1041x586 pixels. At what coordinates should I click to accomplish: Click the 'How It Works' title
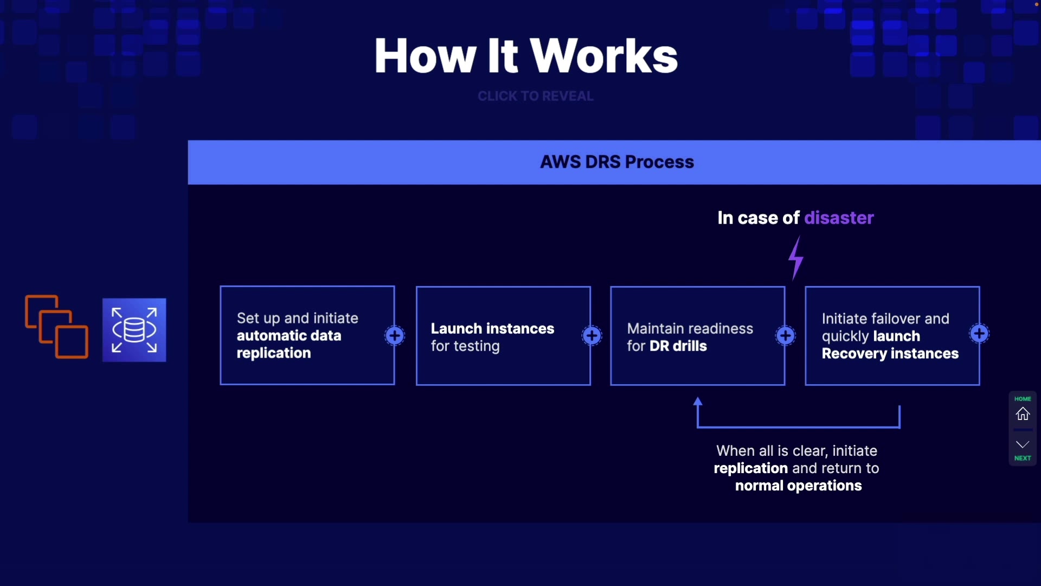tap(526, 55)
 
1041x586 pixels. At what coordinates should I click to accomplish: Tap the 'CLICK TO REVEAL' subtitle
tap(536, 96)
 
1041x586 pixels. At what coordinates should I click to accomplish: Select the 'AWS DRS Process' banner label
tap(617, 162)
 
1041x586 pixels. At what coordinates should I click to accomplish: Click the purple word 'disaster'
tap(839, 218)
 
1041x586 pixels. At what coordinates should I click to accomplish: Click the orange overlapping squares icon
tap(56, 327)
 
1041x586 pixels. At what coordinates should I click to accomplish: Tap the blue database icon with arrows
tap(134, 330)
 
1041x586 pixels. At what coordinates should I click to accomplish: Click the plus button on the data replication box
tap(395, 335)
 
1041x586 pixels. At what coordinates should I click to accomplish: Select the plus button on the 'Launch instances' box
tap(592, 335)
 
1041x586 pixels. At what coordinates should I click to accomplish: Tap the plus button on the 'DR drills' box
tap(786, 335)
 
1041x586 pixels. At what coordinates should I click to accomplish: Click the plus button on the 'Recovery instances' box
tap(979, 334)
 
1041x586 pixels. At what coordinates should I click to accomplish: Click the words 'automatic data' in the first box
tap(289, 335)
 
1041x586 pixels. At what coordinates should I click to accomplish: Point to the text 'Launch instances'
tap(492, 328)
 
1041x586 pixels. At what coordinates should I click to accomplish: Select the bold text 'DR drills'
tap(678, 346)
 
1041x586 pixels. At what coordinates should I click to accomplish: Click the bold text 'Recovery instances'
tap(890, 353)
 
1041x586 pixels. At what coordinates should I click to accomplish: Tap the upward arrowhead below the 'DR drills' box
tap(698, 402)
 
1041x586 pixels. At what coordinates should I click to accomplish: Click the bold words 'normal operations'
tap(799, 486)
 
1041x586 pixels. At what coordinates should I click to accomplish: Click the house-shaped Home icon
tap(1023, 414)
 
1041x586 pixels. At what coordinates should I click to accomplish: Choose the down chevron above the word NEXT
tap(1023, 444)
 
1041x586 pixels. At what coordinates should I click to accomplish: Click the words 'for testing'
tap(465, 346)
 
